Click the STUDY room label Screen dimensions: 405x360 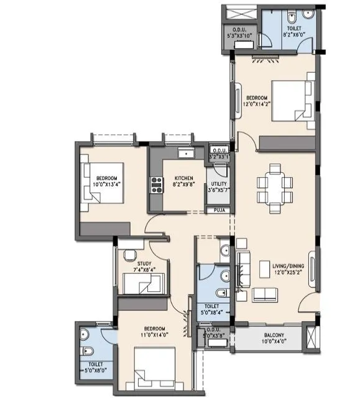[x=144, y=263]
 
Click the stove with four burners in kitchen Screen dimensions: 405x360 [x=155, y=184]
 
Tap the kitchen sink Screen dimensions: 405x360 [x=186, y=153]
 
